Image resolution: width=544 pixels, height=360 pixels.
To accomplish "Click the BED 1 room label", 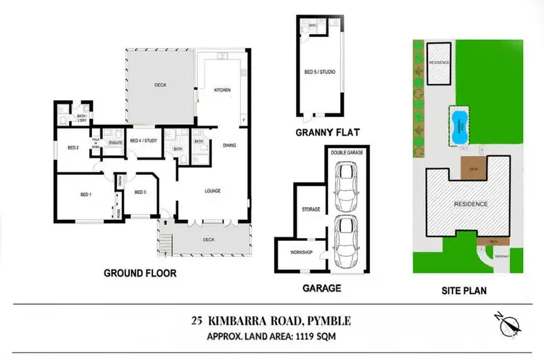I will tap(84, 195).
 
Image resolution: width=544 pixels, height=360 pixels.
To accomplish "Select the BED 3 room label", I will tap(141, 192).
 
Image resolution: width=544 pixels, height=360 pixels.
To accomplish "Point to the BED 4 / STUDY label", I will tap(144, 140).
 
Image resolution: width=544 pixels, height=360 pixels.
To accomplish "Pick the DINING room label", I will tap(229, 145).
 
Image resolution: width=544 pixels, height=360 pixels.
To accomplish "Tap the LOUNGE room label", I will tap(212, 191).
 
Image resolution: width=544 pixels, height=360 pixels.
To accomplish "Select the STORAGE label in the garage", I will tap(310, 210).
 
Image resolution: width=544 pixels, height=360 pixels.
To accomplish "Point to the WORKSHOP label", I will tap(301, 252).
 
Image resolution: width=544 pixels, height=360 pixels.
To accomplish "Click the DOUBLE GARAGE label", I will tap(346, 153).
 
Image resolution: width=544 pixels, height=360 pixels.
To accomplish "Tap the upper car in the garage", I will tap(347, 185).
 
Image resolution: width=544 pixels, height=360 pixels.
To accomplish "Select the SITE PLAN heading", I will tap(464, 290).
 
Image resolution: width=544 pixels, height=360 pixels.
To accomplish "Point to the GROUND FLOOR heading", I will tap(141, 274).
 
